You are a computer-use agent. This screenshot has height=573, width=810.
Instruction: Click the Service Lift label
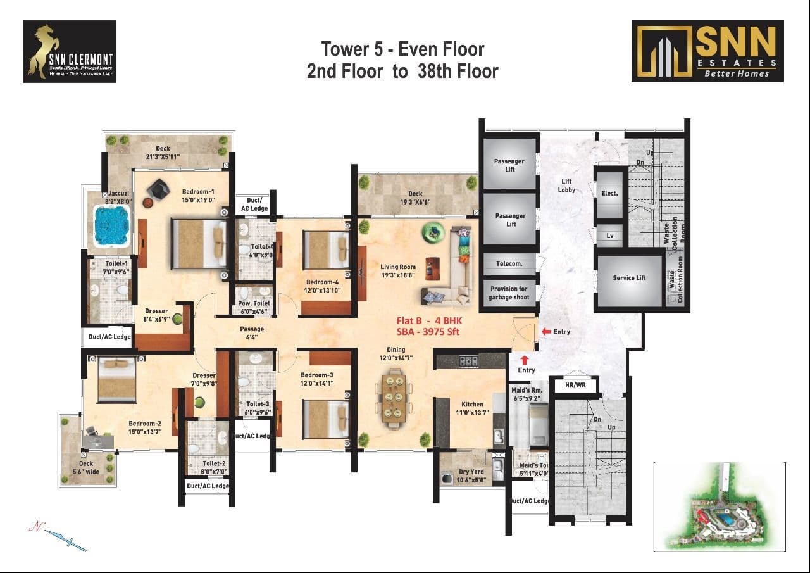[628, 278]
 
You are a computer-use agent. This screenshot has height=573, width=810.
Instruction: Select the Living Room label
[398, 271]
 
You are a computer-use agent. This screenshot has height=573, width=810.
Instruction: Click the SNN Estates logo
[707, 51]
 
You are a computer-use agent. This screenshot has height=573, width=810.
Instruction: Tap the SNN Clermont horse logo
[70, 51]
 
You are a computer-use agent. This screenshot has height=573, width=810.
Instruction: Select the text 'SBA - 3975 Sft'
[427, 332]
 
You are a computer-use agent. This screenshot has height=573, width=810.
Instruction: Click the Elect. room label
[609, 193]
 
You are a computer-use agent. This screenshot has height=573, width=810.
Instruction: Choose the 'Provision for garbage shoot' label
[508, 293]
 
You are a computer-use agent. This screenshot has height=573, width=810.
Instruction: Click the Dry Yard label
[471, 475]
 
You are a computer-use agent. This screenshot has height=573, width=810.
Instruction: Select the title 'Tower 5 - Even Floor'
[402, 49]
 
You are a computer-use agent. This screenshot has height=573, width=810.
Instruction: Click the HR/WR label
[571, 384]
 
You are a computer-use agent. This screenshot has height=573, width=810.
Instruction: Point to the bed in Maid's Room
[537, 425]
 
